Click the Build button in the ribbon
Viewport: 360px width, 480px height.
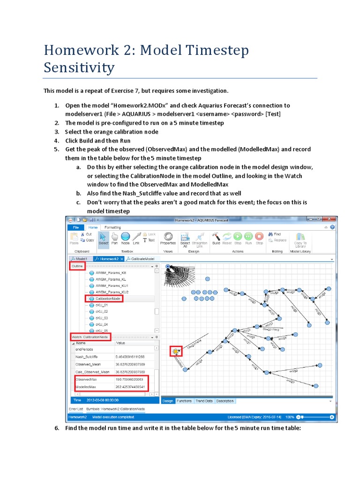click(x=216, y=239)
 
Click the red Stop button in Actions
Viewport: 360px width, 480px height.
click(x=259, y=239)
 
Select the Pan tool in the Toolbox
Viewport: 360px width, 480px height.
click(x=114, y=239)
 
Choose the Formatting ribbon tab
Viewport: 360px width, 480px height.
click(x=112, y=227)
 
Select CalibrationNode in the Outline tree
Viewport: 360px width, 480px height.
click(x=108, y=298)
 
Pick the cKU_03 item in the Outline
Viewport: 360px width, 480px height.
click(x=102, y=318)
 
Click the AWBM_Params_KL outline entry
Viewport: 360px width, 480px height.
click(x=111, y=278)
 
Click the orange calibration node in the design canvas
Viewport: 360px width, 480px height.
click(x=176, y=351)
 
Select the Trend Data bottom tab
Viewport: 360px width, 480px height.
click(x=204, y=401)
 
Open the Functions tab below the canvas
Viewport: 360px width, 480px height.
click(x=184, y=401)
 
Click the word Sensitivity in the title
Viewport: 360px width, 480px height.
click(x=79, y=67)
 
